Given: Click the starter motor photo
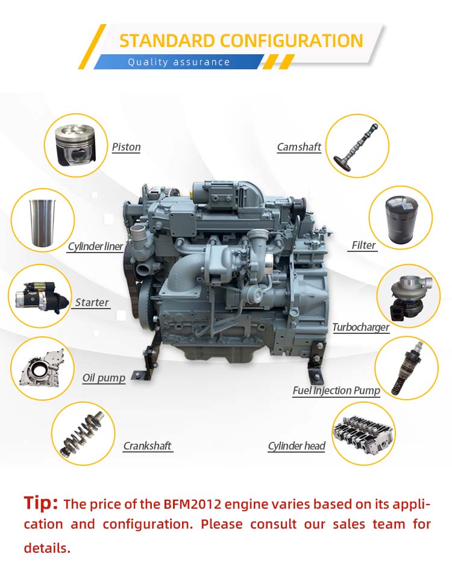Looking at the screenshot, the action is tap(40, 298).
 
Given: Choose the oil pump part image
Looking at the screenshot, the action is tap(42, 369).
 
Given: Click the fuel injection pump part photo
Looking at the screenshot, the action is tap(406, 368).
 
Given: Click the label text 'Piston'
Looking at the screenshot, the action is tap(126, 147).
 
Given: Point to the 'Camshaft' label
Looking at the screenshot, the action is tap(299, 147).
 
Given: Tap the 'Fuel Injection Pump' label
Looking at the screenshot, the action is tap(336, 391).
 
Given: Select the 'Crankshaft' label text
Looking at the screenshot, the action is tap(147, 446).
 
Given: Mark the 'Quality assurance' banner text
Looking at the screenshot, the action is tap(179, 62).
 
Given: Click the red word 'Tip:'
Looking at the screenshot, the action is tap(40, 503).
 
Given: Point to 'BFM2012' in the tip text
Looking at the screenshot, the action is tap(192, 504).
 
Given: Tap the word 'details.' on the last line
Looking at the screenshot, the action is tap(47, 547).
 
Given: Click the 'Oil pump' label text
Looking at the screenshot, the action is tap(104, 378).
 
